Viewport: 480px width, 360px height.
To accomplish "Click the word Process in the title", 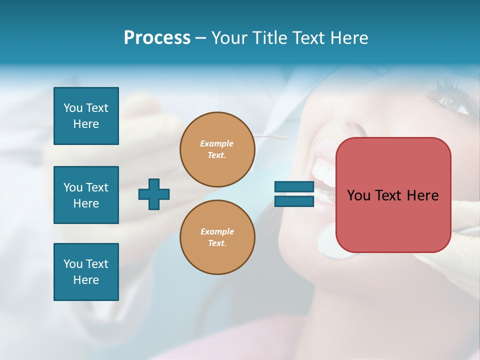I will (x=157, y=38).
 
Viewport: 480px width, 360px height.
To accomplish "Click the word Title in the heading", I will (x=268, y=38).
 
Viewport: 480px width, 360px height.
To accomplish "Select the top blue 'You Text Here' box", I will (x=86, y=116).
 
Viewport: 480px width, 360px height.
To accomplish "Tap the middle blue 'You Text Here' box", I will (x=86, y=195).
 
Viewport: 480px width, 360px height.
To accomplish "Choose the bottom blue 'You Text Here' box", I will (x=86, y=272).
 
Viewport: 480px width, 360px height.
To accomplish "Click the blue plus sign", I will (x=154, y=194).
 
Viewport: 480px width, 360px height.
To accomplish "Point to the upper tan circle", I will (x=217, y=149).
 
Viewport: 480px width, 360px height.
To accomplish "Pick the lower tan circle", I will (x=217, y=237).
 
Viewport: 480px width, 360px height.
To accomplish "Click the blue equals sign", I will (x=294, y=194).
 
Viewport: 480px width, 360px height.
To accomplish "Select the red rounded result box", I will (x=393, y=195).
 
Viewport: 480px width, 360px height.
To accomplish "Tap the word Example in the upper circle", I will (x=216, y=143).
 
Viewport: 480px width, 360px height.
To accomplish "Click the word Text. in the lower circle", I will (x=217, y=243).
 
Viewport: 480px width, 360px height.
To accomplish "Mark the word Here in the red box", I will (x=423, y=195).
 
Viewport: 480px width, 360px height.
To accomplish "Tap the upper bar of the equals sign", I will (x=294, y=187).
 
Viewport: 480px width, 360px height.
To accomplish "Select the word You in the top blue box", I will (x=73, y=108).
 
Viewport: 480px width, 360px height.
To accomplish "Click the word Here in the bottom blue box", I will (x=86, y=280).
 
